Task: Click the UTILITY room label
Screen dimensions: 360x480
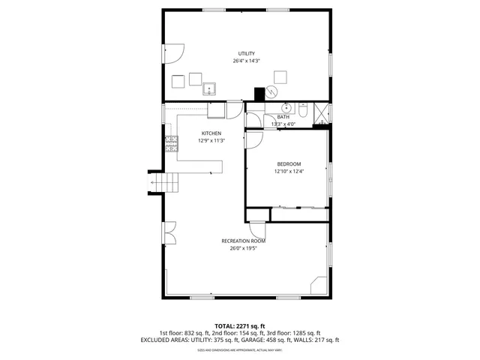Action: (x=247, y=53)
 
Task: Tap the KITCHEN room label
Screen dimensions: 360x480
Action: (x=211, y=133)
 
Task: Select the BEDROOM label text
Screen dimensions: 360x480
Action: (x=289, y=164)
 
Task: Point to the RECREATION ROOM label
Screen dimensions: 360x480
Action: (x=243, y=241)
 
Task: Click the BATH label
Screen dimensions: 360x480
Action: (x=283, y=117)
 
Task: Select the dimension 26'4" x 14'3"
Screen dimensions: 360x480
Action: (x=247, y=61)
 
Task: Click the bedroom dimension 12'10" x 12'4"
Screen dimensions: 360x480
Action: (x=289, y=172)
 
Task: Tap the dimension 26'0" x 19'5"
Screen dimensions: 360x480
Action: (x=243, y=248)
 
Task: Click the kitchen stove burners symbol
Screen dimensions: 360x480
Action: (x=170, y=140)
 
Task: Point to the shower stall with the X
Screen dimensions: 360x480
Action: (x=321, y=112)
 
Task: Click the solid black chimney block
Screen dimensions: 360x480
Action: (x=259, y=94)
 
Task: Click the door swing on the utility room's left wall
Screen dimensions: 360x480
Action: (x=172, y=53)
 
